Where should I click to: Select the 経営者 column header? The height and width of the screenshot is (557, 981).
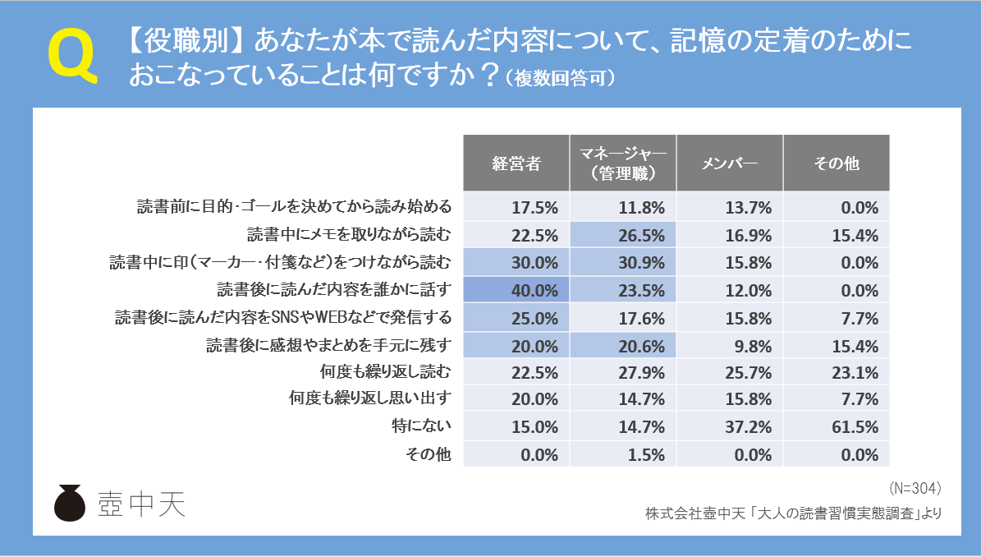coord(516,163)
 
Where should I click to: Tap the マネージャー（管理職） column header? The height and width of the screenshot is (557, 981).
coord(622,163)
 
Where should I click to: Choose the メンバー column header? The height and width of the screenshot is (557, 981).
coord(729,163)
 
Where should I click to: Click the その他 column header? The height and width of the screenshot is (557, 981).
coord(836,163)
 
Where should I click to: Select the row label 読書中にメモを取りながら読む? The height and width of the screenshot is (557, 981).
coord(349,235)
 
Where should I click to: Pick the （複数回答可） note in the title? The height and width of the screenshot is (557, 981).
coord(560,78)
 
